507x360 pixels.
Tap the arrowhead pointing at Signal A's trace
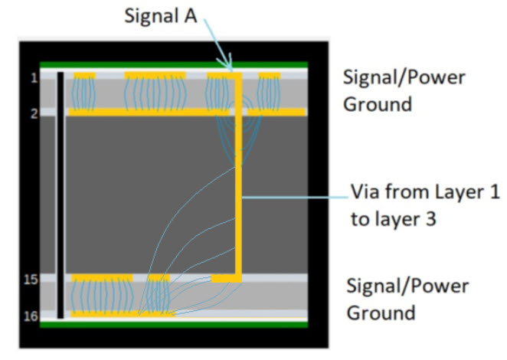[x=227, y=66]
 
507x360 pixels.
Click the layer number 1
[x=34, y=77]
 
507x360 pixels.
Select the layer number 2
[x=34, y=113]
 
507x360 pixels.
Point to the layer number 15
[x=31, y=280]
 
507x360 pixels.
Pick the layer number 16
[x=31, y=314]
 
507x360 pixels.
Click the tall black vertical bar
[x=60, y=195]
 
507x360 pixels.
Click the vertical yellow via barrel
[x=239, y=176]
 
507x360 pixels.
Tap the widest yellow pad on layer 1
[x=155, y=75]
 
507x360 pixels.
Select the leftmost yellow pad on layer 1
[x=84, y=75]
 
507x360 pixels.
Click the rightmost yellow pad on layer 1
[x=270, y=75]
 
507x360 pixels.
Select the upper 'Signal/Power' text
[x=404, y=77]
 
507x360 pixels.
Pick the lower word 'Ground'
[x=381, y=312]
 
